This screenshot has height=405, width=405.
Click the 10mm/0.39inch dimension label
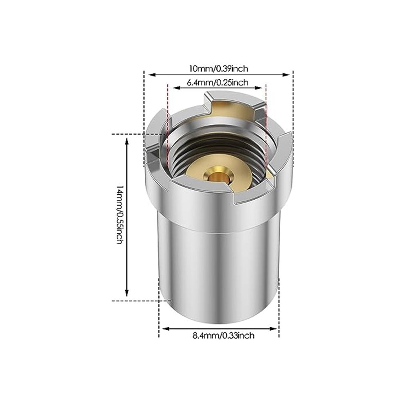pyautogui.click(x=218, y=69)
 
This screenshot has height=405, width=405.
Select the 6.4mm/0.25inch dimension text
pyautogui.click(x=217, y=82)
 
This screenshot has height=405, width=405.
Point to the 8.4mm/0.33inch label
pyautogui.click(x=223, y=335)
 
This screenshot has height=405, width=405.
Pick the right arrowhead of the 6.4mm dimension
pyautogui.click(x=259, y=88)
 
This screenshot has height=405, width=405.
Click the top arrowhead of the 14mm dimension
pyautogui.click(x=126, y=142)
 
